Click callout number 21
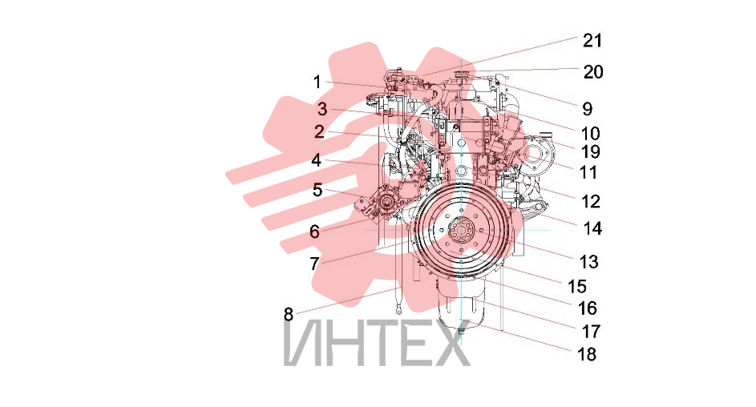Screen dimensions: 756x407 pyautogui.click(x=592, y=41)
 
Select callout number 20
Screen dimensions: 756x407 pyautogui.click(x=593, y=72)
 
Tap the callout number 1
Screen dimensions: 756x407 pyautogui.click(x=317, y=83)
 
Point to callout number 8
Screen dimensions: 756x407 pyautogui.click(x=289, y=315)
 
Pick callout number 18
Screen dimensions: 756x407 pyautogui.click(x=587, y=354)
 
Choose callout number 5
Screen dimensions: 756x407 pyautogui.click(x=317, y=190)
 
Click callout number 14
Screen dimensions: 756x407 pyautogui.click(x=592, y=228)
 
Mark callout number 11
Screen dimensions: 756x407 pyautogui.click(x=588, y=172)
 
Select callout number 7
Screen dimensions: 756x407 pyautogui.click(x=314, y=264)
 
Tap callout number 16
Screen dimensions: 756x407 pyautogui.click(x=588, y=308)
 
